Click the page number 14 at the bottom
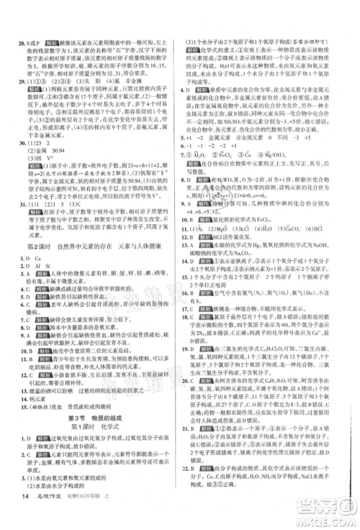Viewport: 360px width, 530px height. [26, 514]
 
